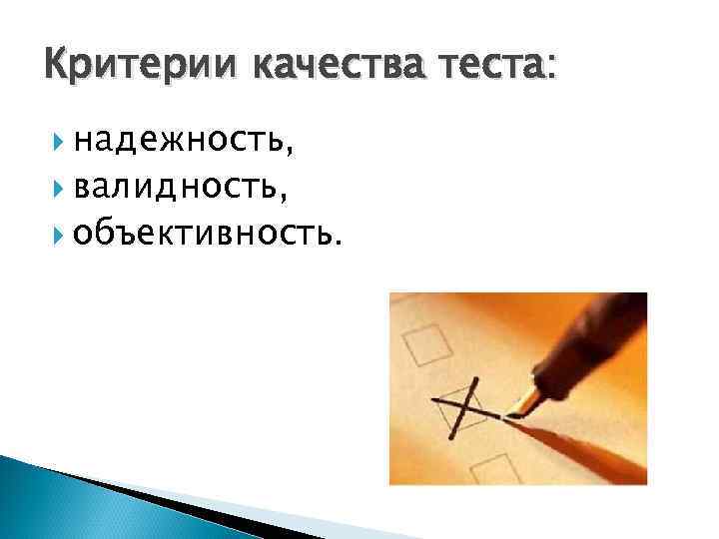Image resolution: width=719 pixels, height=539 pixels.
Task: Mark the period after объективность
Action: pos(345,240)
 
